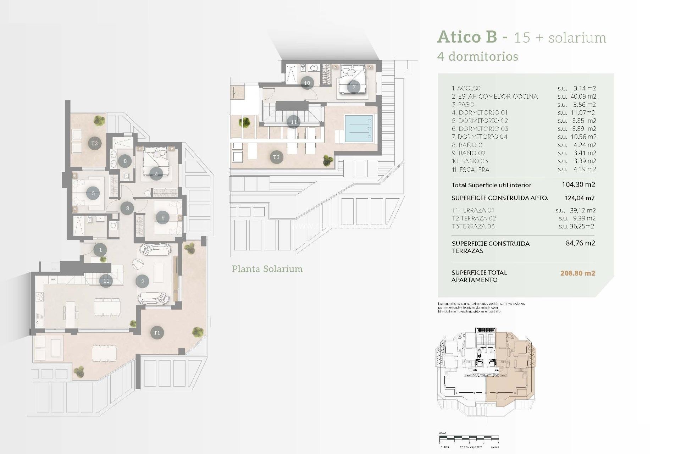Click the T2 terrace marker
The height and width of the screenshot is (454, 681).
94,143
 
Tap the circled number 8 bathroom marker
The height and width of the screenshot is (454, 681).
125,161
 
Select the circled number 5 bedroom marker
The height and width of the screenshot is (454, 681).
93,193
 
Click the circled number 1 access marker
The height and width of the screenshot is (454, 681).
100,250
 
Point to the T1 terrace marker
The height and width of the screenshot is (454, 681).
157,332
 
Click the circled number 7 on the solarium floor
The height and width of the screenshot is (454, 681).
354,87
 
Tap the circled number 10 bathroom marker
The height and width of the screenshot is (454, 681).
307,83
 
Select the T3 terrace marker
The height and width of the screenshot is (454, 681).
276,157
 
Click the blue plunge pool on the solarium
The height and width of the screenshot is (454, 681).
359,128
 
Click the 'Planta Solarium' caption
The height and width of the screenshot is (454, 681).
267,269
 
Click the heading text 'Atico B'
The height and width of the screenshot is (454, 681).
467,37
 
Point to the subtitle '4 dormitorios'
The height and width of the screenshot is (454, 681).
478,56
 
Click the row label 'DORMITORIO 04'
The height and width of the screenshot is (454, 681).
482,137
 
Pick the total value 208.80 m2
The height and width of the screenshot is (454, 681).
577,273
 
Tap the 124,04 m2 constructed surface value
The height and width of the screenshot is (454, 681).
580,198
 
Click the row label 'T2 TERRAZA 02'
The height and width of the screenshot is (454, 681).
474,218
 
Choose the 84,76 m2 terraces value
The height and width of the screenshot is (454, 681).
580,243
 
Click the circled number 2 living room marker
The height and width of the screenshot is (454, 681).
143,281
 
